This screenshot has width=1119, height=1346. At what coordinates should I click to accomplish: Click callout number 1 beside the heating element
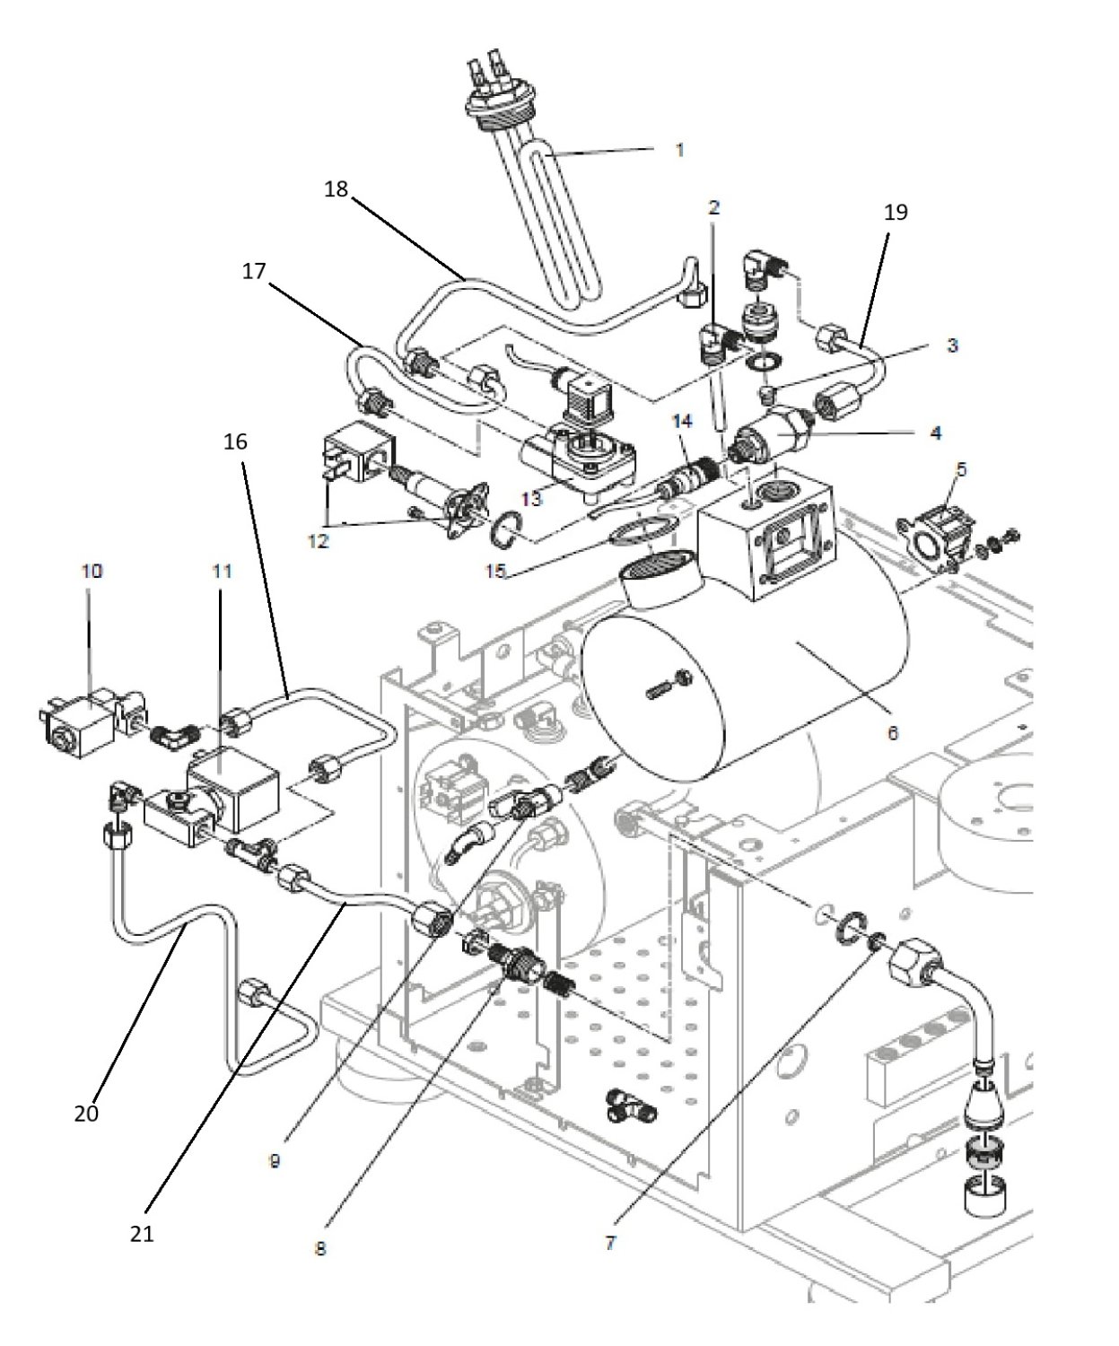click(x=679, y=150)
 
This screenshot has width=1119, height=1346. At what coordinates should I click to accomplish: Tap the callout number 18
click(x=336, y=189)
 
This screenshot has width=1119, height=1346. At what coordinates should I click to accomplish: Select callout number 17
click(x=254, y=271)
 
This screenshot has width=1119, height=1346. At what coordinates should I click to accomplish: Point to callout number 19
click(x=896, y=212)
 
